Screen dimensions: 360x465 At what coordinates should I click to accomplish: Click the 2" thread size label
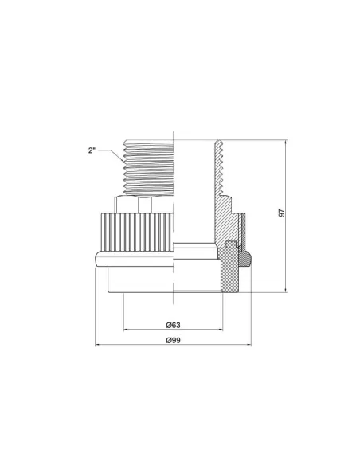coord(92,150)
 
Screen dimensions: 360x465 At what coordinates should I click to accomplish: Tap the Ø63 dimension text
coord(173,325)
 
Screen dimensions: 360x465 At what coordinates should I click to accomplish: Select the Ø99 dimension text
coord(173,340)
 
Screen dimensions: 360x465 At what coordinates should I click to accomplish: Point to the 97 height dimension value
coord(282,213)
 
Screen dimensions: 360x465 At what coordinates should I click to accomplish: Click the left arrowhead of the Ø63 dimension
coord(126,329)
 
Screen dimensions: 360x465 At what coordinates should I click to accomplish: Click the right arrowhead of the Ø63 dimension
coord(221,329)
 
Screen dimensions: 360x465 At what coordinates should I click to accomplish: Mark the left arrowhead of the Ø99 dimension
coord(97,345)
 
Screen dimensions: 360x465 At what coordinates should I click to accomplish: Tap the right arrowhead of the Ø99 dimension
coord(248,345)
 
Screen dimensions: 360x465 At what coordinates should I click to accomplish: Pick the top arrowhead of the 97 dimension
coord(286,143)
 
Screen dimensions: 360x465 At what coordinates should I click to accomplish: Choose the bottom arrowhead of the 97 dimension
coord(286,290)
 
